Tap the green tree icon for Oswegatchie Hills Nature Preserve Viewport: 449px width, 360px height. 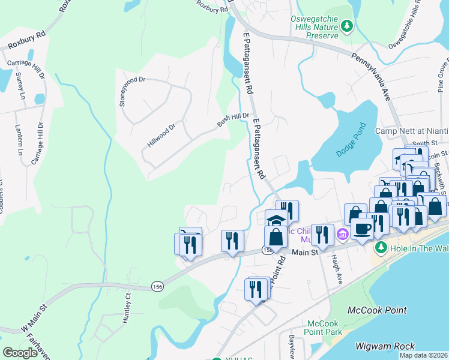point(346,26)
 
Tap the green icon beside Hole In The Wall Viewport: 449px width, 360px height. point(380,247)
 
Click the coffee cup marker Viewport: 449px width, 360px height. point(363,229)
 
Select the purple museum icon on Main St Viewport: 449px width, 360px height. point(343,233)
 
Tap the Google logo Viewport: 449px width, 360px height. point(20,353)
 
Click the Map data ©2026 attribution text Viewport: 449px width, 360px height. point(423,355)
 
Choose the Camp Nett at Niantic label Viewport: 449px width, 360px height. point(411,131)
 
